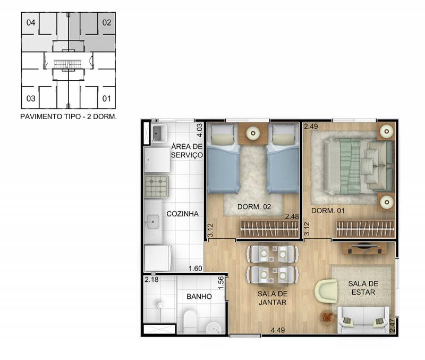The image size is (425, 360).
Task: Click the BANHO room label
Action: pyautogui.click(x=199, y=297)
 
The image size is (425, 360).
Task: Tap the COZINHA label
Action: pyautogui.click(x=182, y=214)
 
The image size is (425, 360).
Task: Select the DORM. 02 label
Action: pyautogui.click(x=254, y=207)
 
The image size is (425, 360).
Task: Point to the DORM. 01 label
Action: pyautogui.click(x=328, y=211)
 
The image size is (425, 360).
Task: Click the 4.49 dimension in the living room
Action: pyautogui.click(x=278, y=330)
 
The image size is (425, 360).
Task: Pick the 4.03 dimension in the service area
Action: pyautogui.click(x=199, y=130)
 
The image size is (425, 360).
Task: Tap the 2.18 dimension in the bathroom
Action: pyautogui.click(x=151, y=279)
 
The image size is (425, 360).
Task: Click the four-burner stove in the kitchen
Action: pyautogui.click(x=157, y=186)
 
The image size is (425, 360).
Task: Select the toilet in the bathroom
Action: pyautogui.click(x=190, y=322)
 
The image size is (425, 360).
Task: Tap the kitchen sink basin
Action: pyautogui.click(x=153, y=222)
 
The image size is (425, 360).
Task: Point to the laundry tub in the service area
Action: pyautogui.click(x=159, y=133)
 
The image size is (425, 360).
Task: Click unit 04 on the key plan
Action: pyautogui.click(x=31, y=22)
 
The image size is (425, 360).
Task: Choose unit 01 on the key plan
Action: pyautogui.click(x=107, y=98)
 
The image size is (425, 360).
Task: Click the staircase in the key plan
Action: pyautogui.click(x=67, y=64)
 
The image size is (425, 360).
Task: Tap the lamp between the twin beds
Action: pyautogui.click(x=253, y=133)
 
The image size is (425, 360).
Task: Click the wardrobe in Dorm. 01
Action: pyautogui.click(x=365, y=229)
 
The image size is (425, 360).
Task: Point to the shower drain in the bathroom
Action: pyautogui.click(x=160, y=306)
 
